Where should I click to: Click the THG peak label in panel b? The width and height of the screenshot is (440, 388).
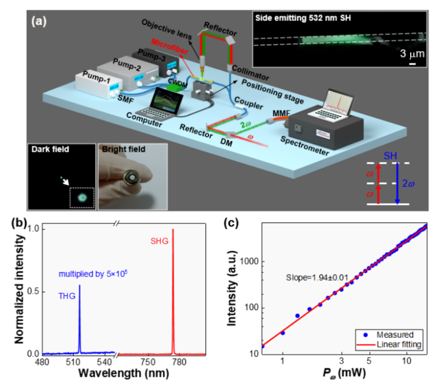pyautogui.click(x=67, y=297)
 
